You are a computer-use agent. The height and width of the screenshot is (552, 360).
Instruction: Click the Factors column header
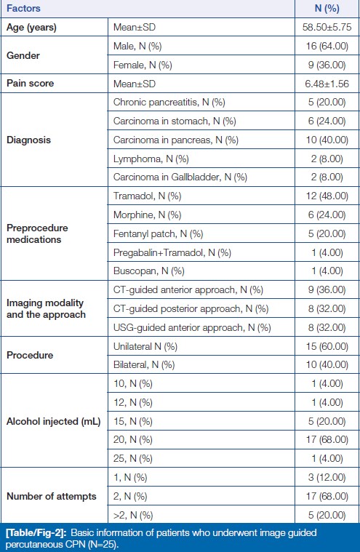23,8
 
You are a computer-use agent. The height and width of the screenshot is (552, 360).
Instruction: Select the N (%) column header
327,8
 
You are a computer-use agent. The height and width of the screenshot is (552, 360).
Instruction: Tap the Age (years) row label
31,27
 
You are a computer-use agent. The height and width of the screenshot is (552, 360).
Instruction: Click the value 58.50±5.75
327,27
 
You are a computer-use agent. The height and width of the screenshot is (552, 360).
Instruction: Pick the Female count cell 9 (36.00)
327,65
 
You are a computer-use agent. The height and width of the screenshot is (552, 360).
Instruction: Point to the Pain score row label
31,84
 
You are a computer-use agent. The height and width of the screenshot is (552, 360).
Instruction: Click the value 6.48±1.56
327,84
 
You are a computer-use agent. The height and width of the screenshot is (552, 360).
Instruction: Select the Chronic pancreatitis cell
169,102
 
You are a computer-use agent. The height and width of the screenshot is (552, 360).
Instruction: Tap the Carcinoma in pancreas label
176,140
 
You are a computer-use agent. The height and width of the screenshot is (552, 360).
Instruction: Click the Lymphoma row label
151,159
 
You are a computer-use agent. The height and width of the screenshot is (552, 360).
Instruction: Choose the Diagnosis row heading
29,140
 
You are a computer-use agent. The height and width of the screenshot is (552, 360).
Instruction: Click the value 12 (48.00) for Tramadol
327,196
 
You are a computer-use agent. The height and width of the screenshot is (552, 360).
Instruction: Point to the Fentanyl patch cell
158,233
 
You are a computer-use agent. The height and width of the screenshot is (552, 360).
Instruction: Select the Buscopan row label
149,271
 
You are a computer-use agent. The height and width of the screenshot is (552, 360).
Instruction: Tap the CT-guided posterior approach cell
191,309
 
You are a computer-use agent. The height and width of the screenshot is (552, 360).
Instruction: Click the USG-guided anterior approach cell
192,327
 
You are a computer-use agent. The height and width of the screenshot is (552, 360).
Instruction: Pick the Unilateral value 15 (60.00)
327,346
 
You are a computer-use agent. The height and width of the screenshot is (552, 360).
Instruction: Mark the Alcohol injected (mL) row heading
54,421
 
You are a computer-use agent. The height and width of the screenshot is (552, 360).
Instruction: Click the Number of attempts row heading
52,497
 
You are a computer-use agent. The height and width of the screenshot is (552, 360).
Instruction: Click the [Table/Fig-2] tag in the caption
33,532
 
